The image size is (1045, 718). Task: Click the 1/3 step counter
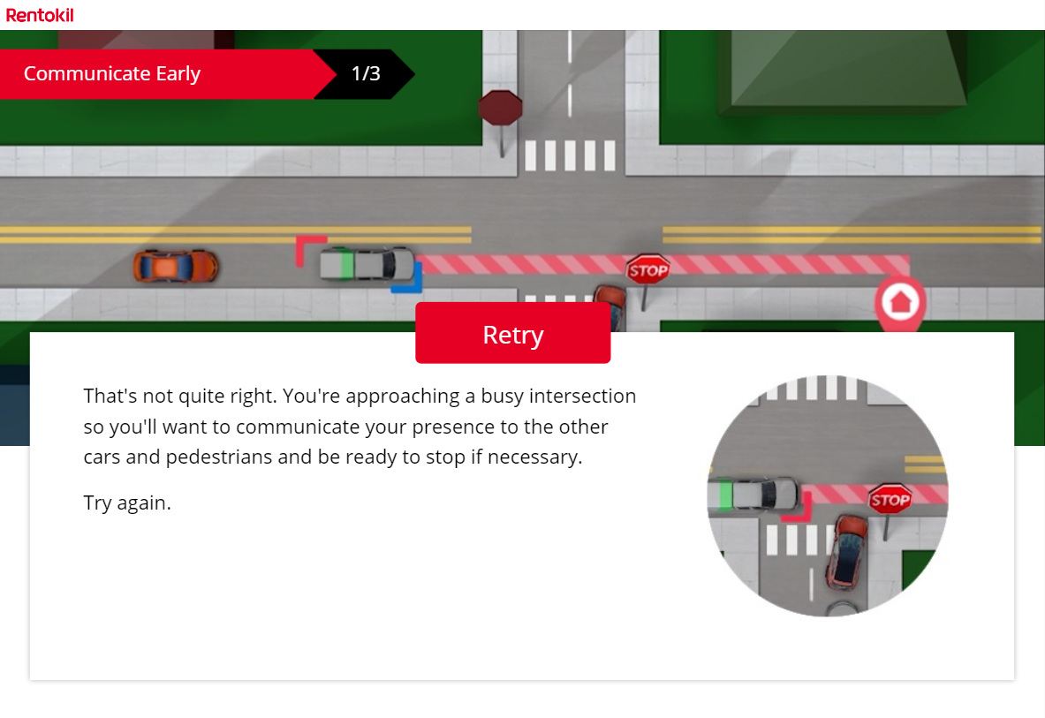(366, 73)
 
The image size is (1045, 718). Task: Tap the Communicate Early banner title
(112, 73)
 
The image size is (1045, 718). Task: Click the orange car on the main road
(175, 266)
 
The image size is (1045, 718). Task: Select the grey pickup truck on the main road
(367, 263)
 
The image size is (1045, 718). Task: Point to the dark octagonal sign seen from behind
(500, 109)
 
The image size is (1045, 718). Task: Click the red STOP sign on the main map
(647, 270)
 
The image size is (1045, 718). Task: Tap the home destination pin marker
(899, 303)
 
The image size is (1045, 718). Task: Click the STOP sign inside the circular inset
(890, 501)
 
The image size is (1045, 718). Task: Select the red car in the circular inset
(847, 551)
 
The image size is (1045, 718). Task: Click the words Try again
(127, 503)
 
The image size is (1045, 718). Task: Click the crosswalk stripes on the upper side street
(570, 155)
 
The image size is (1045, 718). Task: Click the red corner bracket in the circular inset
(799, 510)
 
